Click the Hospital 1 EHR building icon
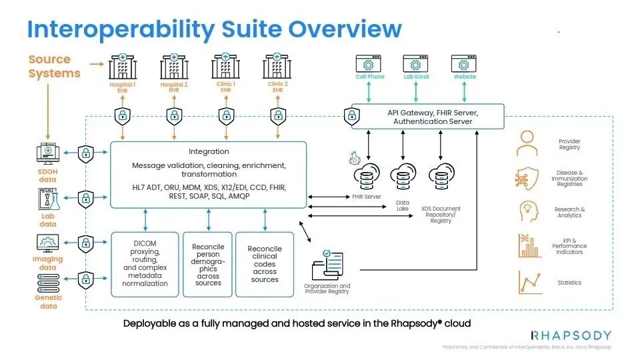click(x=122, y=67)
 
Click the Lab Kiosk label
click(x=416, y=77)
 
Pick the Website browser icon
click(x=465, y=64)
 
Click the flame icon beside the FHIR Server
click(x=353, y=159)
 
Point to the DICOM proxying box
click(x=145, y=264)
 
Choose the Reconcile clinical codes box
click(x=265, y=264)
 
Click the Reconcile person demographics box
click(x=208, y=264)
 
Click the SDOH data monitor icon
click(x=47, y=154)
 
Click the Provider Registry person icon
click(x=527, y=143)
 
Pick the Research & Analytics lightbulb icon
click(x=527, y=211)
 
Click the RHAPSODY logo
click(x=571, y=335)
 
